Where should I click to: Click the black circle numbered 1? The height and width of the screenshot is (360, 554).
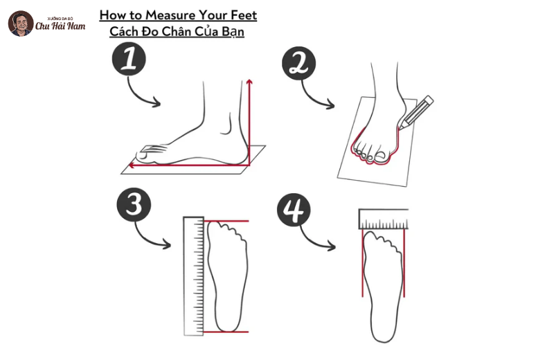point(129,59)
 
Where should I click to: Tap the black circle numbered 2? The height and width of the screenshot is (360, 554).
point(298,63)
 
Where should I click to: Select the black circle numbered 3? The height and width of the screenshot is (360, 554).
point(134,204)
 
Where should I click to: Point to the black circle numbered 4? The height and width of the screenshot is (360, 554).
point(294,210)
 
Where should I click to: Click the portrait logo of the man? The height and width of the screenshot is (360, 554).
point(21,24)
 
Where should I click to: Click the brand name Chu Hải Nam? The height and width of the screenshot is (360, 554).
point(60,26)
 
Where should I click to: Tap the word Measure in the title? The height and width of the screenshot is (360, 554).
point(170,15)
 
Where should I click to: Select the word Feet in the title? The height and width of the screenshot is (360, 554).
point(244,15)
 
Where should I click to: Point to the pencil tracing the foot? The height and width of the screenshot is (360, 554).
point(416,112)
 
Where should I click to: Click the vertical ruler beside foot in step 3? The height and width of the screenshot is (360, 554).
point(194,276)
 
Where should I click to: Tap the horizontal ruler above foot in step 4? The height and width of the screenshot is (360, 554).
point(384,219)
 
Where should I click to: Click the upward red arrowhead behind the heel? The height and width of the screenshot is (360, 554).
point(249,82)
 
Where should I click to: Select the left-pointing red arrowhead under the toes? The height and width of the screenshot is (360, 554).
point(132,165)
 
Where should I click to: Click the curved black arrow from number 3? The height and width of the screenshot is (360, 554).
point(150,237)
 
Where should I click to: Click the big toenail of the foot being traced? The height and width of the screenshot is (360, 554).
point(380,155)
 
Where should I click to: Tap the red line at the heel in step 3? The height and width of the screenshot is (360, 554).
point(226,332)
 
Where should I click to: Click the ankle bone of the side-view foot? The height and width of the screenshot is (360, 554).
point(226,125)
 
